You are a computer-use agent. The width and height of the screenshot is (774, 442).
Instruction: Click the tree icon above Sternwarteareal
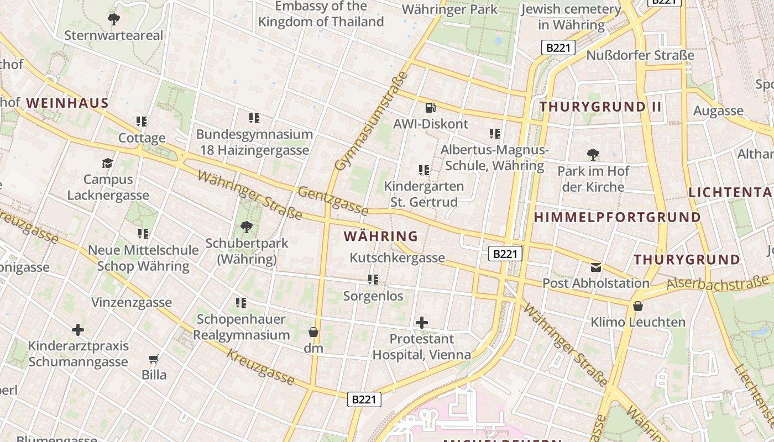click(x=114, y=20)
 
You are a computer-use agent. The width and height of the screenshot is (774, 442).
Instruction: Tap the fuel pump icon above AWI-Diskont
click(x=430, y=108)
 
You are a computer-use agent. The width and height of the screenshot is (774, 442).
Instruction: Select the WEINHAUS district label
click(x=67, y=103)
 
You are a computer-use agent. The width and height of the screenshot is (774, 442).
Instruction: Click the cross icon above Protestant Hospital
click(x=422, y=322)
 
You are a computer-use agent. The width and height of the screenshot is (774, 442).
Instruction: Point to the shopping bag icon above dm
click(x=313, y=332)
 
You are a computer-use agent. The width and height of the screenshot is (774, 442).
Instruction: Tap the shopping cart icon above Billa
click(x=154, y=359)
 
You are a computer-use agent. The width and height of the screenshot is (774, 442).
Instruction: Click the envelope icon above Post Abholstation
click(x=595, y=267)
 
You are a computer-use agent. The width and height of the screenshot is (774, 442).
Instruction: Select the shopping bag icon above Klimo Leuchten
click(x=637, y=306)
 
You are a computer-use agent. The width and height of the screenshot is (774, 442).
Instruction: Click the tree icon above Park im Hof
click(x=593, y=155)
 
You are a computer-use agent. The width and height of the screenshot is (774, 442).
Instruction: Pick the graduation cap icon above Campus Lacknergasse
click(x=108, y=163)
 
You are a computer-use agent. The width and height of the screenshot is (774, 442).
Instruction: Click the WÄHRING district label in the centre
click(x=380, y=236)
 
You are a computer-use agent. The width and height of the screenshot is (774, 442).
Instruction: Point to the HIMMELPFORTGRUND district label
click(x=617, y=217)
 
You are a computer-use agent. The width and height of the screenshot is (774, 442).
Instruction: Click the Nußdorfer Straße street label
click(x=640, y=55)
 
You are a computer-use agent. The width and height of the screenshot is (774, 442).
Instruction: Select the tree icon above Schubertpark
click(x=247, y=227)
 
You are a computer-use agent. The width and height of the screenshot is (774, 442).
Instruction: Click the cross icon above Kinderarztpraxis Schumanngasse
click(x=78, y=330)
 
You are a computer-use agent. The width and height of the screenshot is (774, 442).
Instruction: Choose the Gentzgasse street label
click(x=333, y=200)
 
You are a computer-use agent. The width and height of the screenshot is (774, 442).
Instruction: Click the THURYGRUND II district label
click(x=600, y=107)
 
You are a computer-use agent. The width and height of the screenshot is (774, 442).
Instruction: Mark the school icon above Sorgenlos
click(x=373, y=280)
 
